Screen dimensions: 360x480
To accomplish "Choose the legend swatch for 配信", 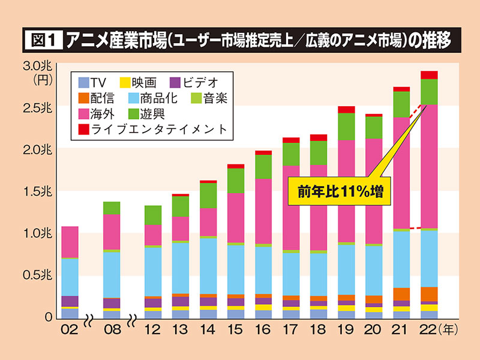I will (x=84, y=97).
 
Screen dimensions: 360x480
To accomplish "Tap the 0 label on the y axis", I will (x=51, y=317).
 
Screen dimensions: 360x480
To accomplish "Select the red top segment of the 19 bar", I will (x=346, y=109).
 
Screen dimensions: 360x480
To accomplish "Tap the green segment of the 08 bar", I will (x=112, y=208).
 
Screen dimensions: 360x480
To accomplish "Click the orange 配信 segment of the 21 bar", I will (x=401, y=294).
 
